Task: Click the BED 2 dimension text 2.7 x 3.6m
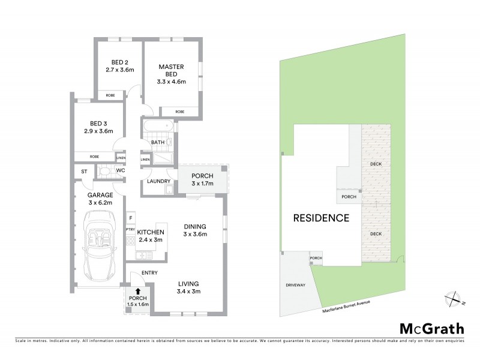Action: pyautogui.click(x=119, y=70)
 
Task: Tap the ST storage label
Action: pyautogui.click(x=84, y=172)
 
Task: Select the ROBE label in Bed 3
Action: pyautogui.click(x=94, y=156)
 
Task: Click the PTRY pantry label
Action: pyautogui.click(x=130, y=229)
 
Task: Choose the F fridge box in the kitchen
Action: pyautogui.click(x=130, y=217)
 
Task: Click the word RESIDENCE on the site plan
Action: pyautogui.click(x=321, y=218)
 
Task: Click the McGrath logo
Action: pyautogui.click(x=432, y=328)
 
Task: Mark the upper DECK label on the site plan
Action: pyautogui.click(x=376, y=164)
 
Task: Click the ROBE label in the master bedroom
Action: pyautogui.click(x=180, y=112)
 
